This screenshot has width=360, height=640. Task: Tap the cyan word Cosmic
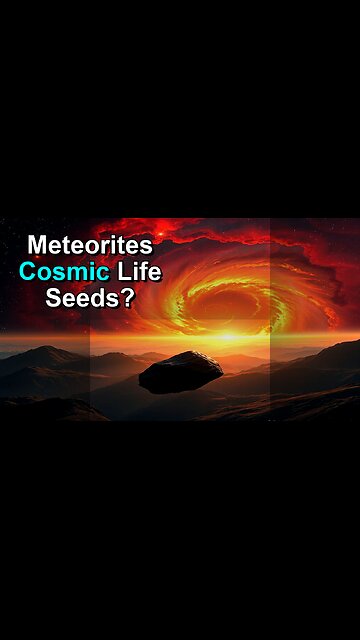click(63, 271)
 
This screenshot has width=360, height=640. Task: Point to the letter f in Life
click(140, 271)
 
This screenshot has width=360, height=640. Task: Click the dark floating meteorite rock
click(181, 371)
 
